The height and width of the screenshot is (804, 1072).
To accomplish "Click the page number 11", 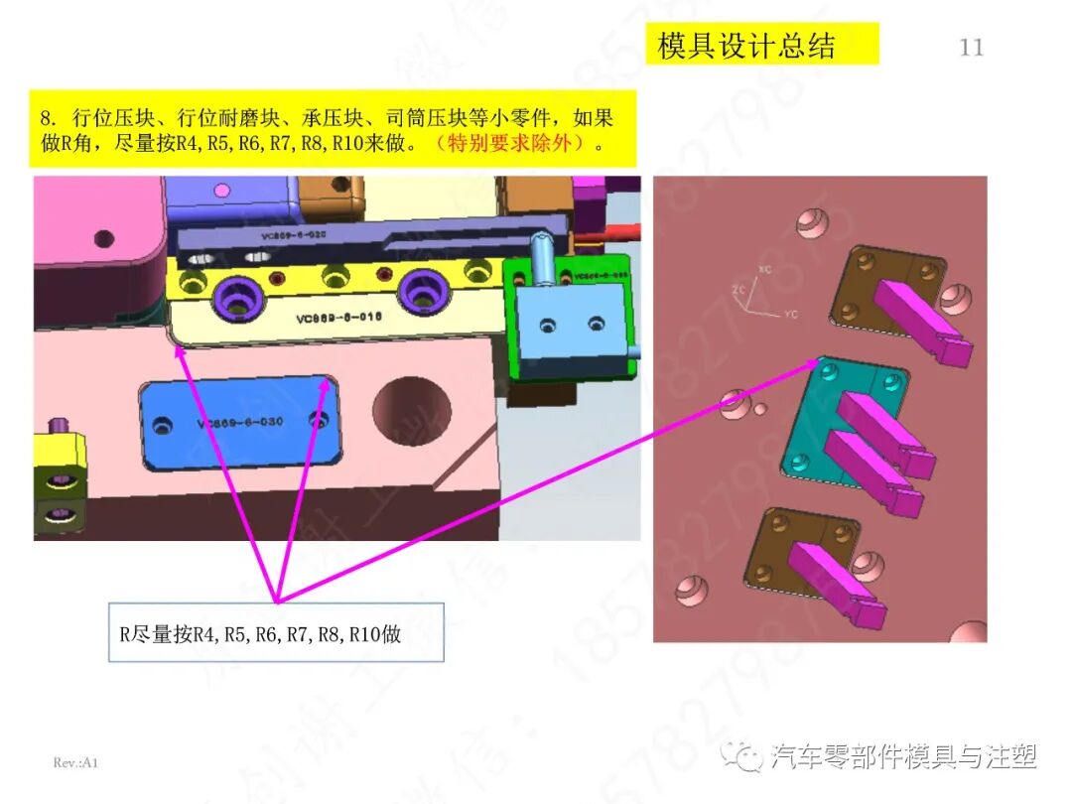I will pos(971,47).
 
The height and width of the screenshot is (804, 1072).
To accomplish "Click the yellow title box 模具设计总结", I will pos(746,46).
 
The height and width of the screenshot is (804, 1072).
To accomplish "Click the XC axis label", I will pos(764,270).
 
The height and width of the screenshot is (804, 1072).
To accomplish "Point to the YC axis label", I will pos(791,313).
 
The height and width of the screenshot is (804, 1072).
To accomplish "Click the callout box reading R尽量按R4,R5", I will pos(275,632).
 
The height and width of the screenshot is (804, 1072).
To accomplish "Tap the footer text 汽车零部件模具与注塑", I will pos(904,757).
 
